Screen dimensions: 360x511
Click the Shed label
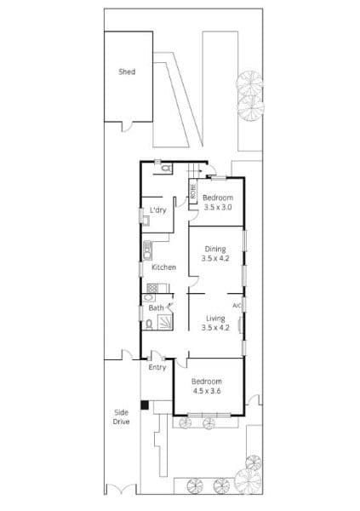point(127,72)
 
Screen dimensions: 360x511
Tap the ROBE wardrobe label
point(193,192)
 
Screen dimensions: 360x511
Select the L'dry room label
point(158,210)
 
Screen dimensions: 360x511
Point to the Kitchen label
point(164,267)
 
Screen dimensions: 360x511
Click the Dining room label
point(215,249)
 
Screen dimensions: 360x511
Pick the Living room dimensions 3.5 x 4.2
point(215,328)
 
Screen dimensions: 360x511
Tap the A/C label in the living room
point(237,306)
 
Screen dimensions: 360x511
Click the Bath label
point(156,307)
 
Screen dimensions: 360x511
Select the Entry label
point(157,367)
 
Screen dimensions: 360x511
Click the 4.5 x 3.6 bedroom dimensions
point(207,391)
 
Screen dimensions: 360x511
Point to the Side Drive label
point(121,416)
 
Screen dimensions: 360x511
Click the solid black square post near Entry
point(145,405)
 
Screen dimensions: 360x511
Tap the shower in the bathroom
point(165,323)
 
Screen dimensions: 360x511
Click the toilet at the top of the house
point(166,168)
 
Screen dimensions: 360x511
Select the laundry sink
point(146,221)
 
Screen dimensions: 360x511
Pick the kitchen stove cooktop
point(152,288)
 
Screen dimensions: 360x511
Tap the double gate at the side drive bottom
point(121,489)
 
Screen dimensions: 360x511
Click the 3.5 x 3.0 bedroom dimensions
point(218,207)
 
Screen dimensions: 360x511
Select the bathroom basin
point(149,297)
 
